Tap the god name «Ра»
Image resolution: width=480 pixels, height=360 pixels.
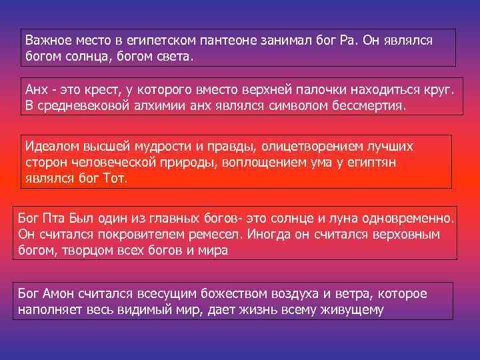348,40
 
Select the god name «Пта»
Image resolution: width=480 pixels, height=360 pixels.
53,217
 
